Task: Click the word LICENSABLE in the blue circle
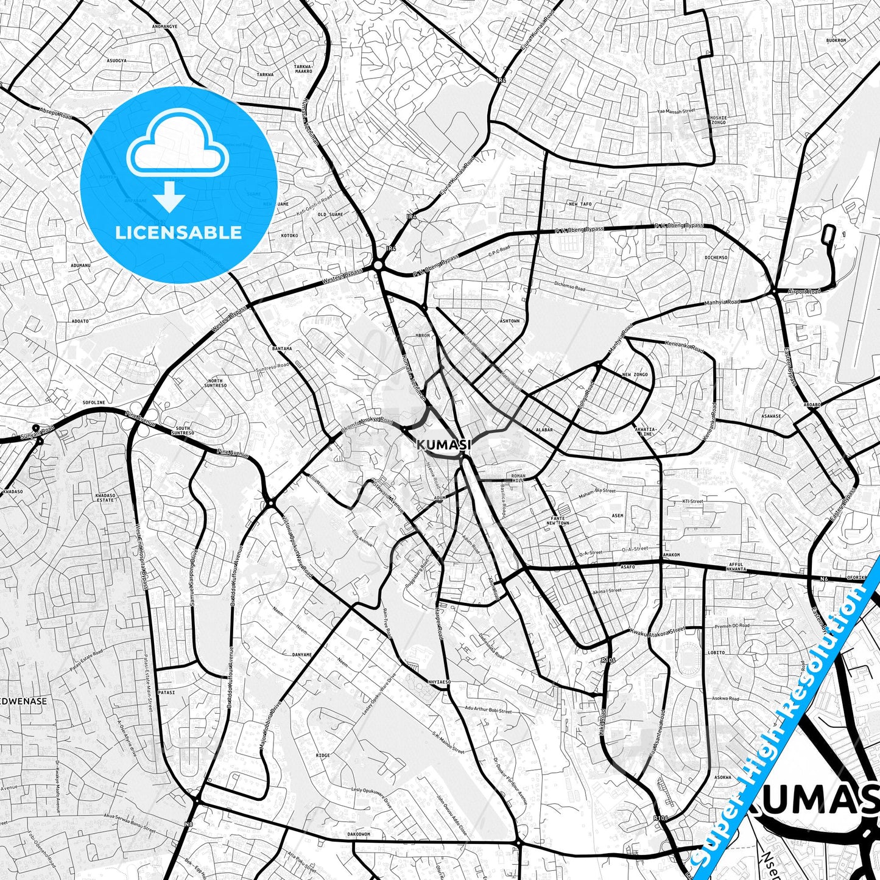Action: (178, 233)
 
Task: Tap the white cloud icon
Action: (178, 149)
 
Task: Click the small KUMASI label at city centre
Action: (444, 445)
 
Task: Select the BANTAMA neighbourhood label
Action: (282, 349)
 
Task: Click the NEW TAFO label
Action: (580, 205)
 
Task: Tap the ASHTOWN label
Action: (509, 321)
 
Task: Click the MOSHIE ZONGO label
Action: (718, 119)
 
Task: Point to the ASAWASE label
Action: (772, 417)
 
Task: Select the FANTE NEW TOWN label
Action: (557, 521)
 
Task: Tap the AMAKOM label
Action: (671, 555)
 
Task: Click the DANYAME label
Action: (302, 655)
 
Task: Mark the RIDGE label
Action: (323, 755)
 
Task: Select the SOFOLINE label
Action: (94, 403)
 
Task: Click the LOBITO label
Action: (716, 653)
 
